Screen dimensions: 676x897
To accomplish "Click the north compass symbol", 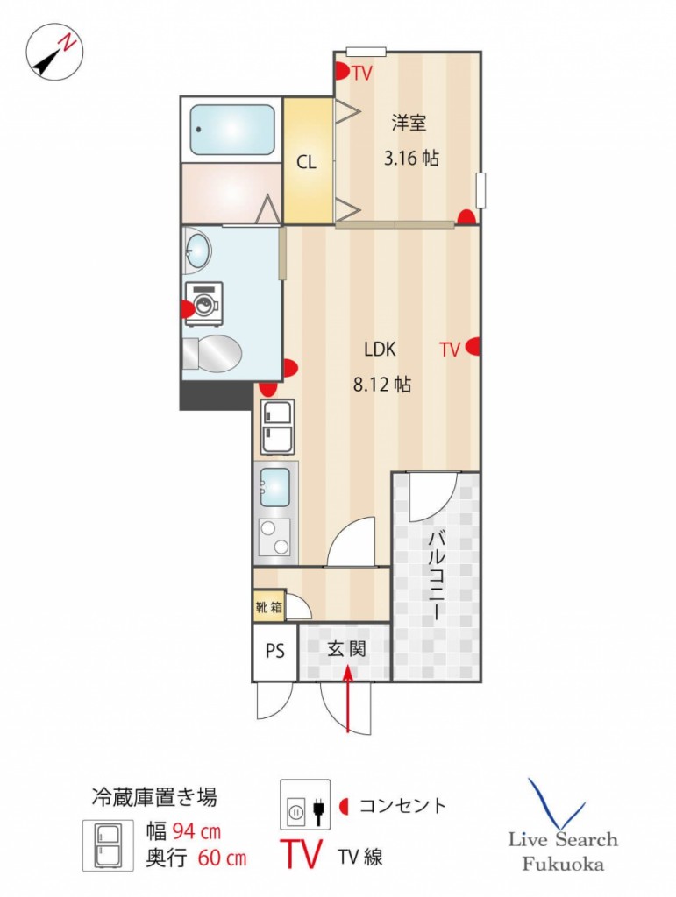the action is [x=54, y=52].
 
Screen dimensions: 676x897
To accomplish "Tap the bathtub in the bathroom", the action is [x=231, y=130].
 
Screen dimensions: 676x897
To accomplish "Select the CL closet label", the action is [x=306, y=162].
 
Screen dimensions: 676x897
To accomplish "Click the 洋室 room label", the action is [x=409, y=123].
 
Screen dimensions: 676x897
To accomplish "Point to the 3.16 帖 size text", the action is [x=411, y=158].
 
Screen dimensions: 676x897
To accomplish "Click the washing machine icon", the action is [x=203, y=304].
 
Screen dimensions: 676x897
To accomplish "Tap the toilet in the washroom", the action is [x=212, y=354].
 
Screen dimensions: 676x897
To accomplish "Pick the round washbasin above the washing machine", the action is [x=197, y=251].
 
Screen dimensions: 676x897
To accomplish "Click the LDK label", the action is [x=380, y=349].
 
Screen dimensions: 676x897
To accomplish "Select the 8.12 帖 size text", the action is [x=381, y=384].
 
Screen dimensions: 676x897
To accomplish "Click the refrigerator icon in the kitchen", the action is [x=278, y=427].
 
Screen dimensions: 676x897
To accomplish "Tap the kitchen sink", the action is [x=274, y=488].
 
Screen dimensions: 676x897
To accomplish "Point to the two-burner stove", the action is [x=274, y=537].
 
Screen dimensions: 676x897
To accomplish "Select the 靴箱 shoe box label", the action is [x=269, y=606].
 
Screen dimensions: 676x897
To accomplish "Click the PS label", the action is [x=274, y=651].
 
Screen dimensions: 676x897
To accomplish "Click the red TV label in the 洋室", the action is [x=362, y=74].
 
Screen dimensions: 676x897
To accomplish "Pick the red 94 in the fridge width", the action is [x=184, y=830].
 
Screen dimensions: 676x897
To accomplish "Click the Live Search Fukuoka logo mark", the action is [x=556, y=803].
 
